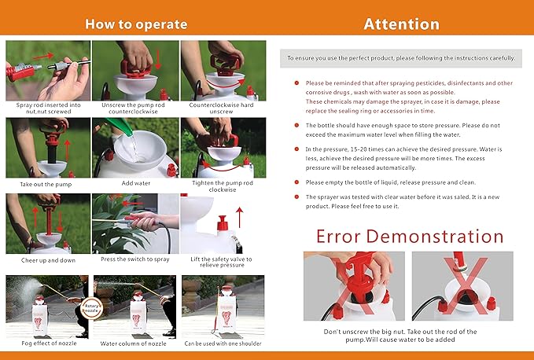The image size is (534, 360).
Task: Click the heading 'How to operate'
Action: pyautogui.click(x=136, y=24)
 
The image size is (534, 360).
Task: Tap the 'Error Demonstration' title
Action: pyautogui.click(x=410, y=236)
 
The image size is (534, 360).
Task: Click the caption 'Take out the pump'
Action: pyautogui.click(x=47, y=184)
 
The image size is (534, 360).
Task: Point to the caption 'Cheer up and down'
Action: pyautogui.click(x=47, y=259)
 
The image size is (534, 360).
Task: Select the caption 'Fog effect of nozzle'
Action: pyautogui.click(x=47, y=343)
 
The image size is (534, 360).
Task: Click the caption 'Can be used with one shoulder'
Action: pyautogui.click(x=223, y=343)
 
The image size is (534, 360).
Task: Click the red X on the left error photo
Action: pyautogui.click(x=354, y=287)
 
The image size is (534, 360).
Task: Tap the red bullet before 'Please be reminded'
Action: pyautogui.click(x=296, y=83)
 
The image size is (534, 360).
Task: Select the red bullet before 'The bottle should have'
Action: pyautogui.click(x=296, y=125)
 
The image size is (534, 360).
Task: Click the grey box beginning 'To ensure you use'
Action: pyautogui.click(x=400, y=57)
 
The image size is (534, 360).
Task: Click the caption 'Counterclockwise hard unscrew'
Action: pyautogui.click(x=223, y=108)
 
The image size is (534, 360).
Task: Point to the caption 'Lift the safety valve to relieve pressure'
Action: pyautogui.click(x=223, y=263)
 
